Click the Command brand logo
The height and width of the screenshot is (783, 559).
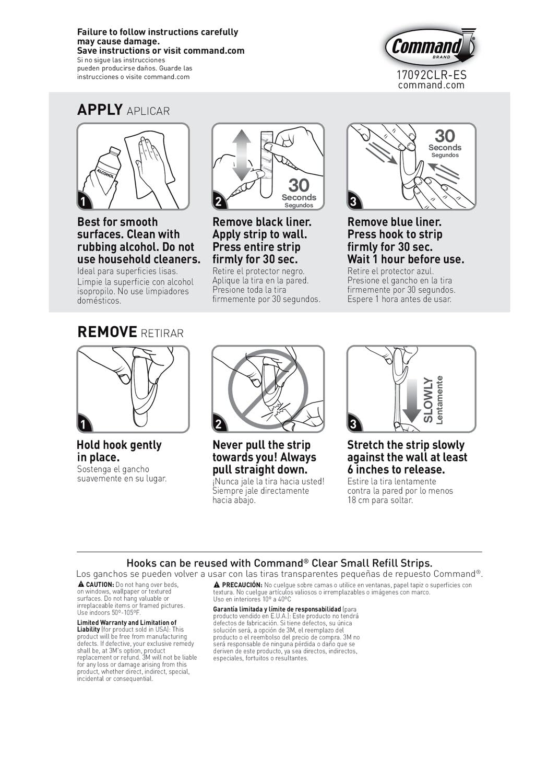point(430,48)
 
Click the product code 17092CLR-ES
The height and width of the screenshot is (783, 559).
point(431,75)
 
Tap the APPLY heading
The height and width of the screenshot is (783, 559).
point(100,110)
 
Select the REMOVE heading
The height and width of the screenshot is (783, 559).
point(107,332)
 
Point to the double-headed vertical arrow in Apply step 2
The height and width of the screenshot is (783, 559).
point(242,155)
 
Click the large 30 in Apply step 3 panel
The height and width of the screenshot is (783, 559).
point(445,136)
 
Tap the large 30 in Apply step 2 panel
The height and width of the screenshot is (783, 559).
point(299,185)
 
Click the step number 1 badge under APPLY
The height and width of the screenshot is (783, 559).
point(84,201)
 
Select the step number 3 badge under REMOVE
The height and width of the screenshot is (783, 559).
point(354,424)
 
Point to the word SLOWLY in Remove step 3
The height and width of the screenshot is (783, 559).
point(429,400)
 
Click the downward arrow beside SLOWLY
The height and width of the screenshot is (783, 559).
point(411,400)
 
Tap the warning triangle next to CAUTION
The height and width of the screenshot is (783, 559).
point(81,584)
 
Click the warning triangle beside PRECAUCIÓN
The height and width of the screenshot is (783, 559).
point(217,585)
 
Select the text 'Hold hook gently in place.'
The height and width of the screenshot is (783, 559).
point(119,451)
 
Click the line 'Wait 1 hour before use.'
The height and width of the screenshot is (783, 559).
point(406,259)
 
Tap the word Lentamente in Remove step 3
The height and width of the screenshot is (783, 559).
point(440,400)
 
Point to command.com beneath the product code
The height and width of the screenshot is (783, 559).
point(431,85)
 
